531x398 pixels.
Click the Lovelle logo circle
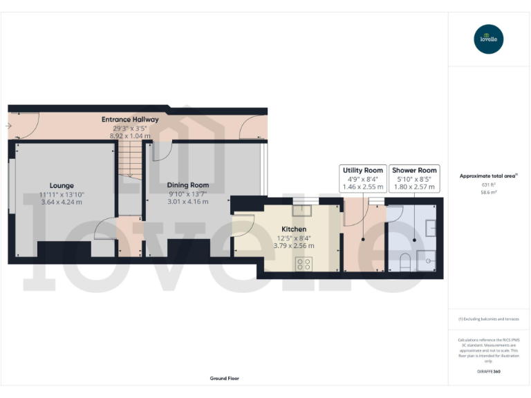coord(489,39)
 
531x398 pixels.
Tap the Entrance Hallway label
coord(130,120)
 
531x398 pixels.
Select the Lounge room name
coord(62,185)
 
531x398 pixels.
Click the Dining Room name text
coord(188,185)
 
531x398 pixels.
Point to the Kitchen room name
coord(293,229)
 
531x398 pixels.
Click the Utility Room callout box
coord(363,178)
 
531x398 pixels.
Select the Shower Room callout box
coord(413,178)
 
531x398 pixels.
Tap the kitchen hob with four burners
coord(304,263)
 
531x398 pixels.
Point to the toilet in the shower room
coord(407,262)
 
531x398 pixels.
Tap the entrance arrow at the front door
coord(8,126)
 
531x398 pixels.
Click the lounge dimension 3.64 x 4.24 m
coord(62,203)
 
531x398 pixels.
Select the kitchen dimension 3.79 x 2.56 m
coord(293,245)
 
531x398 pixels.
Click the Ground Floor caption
coord(224,379)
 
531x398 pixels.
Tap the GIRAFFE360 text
coord(489,372)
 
